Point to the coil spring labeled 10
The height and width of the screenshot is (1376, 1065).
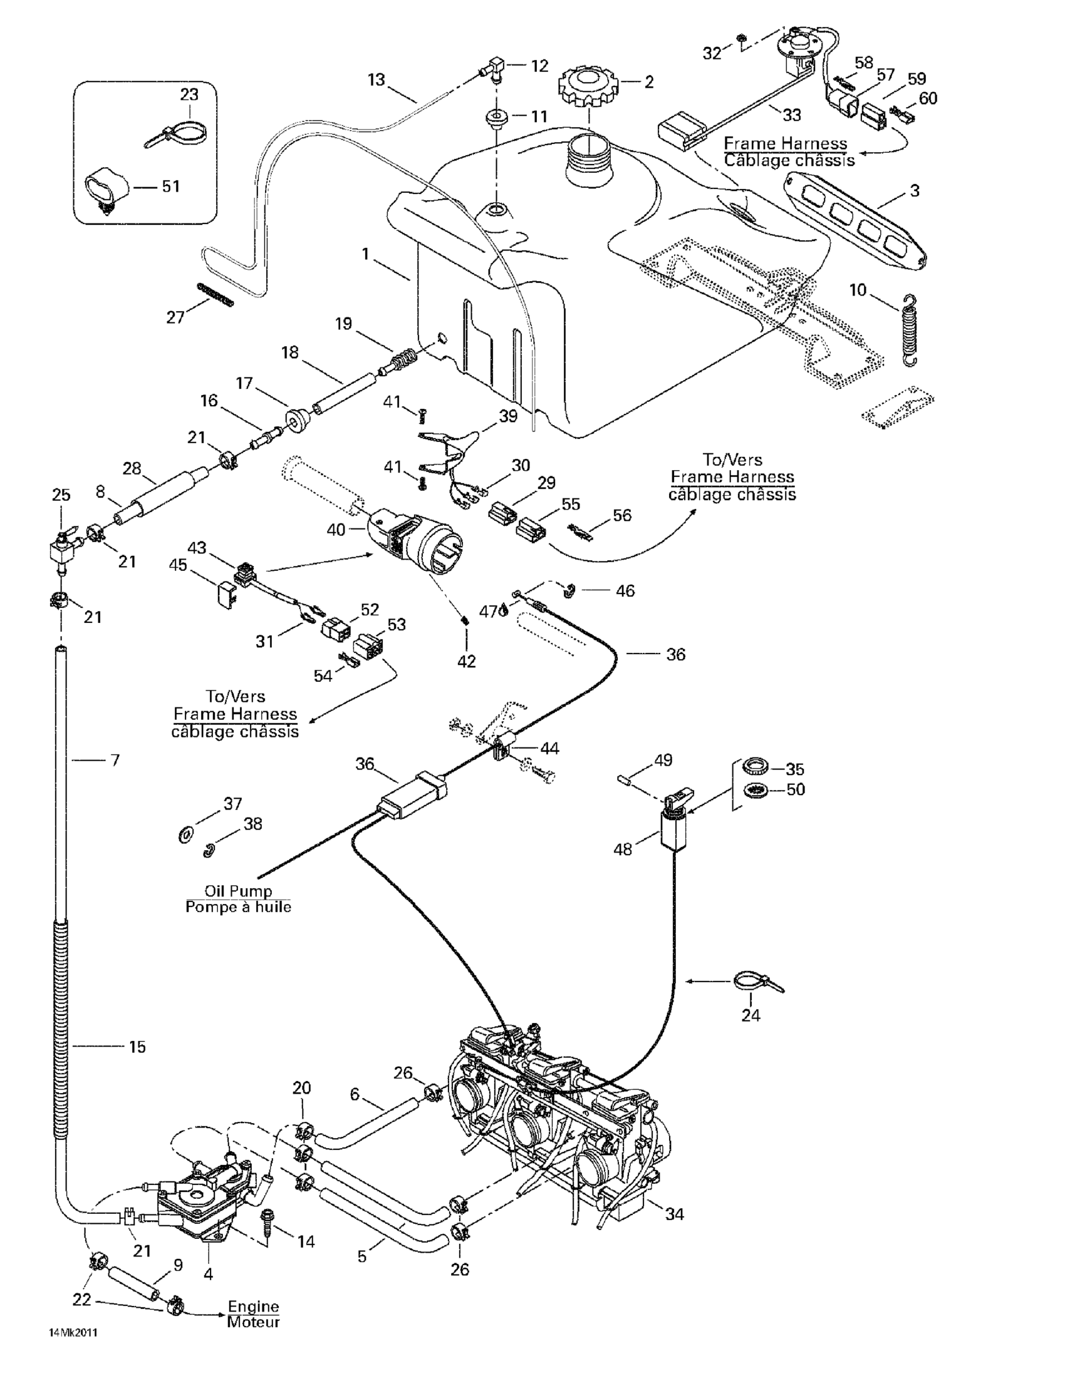pyautogui.click(x=908, y=329)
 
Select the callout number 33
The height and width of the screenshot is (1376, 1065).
pyautogui.click(x=792, y=115)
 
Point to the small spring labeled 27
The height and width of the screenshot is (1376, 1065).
pyautogui.click(x=215, y=295)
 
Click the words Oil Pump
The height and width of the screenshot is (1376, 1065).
pyautogui.click(x=237, y=891)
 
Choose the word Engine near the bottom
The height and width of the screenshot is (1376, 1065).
pyautogui.click(x=253, y=1306)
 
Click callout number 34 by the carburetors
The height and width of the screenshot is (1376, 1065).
pyautogui.click(x=674, y=1213)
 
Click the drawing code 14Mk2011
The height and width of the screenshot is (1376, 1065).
pyautogui.click(x=73, y=1333)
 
